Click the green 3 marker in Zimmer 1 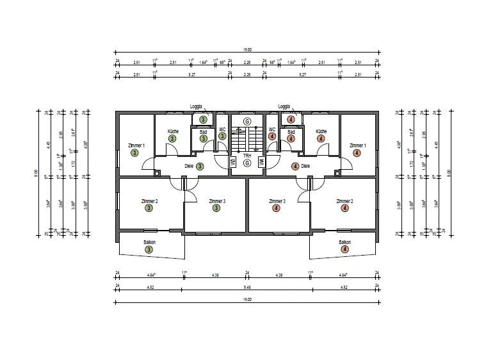pos(134,153)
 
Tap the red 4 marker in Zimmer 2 pos(345,208)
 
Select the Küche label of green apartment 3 pos(173,131)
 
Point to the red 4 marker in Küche pos(321,138)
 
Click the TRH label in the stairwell pos(247,156)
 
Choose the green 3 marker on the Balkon pos(149,249)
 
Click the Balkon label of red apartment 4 pos(345,242)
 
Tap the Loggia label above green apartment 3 pos(196,106)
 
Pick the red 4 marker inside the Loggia pos(291,119)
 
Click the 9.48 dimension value pos(247,288)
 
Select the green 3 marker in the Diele pos(200,166)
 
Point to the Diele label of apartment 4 pos(305,166)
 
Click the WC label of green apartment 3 pos(222,129)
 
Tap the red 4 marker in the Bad pos(291,138)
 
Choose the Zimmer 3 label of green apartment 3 pos(216,200)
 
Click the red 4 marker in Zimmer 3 pos(277,208)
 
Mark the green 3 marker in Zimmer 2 pos(149,208)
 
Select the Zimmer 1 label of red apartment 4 pos(357,146)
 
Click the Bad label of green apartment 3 pos(203,132)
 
